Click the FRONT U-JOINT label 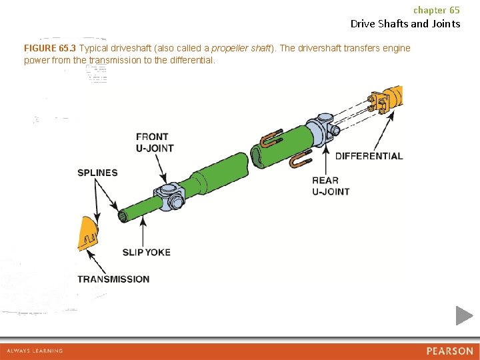click(x=155, y=143)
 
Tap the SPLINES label click(x=97, y=173)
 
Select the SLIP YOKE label click(x=146, y=252)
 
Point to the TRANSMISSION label click(x=113, y=279)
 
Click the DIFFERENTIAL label click(x=369, y=156)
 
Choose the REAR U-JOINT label click(x=331, y=185)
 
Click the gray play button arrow click(x=464, y=315)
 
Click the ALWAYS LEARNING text click(x=35, y=351)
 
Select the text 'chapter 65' click(x=436, y=10)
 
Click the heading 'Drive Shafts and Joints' click(x=405, y=23)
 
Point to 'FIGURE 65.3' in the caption click(x=50, y=49)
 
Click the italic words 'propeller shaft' click(x=241, y=49)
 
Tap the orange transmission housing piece click(x=87, y=233)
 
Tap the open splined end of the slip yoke click(x=123, y=216)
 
